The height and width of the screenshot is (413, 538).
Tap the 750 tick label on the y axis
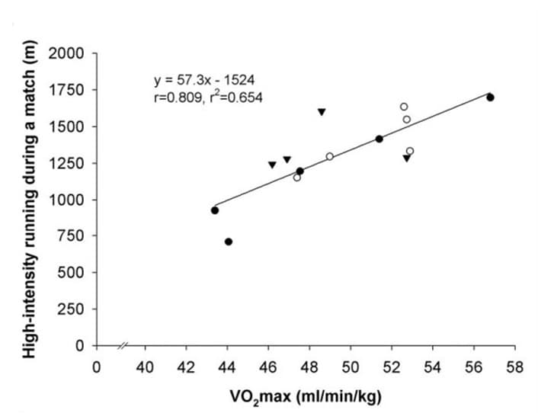coord(72,236)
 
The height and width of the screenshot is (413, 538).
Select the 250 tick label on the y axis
coord(72,309)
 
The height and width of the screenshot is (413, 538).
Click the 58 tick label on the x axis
coord(516,367)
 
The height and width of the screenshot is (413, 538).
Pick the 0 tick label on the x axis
coord(96,367)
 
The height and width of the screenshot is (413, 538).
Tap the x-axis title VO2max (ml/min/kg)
coord(306,396)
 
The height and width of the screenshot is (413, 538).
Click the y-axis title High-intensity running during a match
coord(30,200)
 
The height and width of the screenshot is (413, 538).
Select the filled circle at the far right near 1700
coord(490,98)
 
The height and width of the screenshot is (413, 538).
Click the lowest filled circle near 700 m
coord(229,242)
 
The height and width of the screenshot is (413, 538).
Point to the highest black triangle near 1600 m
coord(322,112)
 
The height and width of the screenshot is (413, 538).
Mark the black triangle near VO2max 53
coord(406,158)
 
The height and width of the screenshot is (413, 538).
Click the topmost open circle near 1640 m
coord(404,107)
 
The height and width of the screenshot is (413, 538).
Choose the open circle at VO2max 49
coord(330,156)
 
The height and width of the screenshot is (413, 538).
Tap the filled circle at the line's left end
coord(215,210)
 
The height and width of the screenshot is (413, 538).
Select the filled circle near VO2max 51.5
coord(379,139)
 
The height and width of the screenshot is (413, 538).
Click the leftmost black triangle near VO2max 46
coord(272,165)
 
